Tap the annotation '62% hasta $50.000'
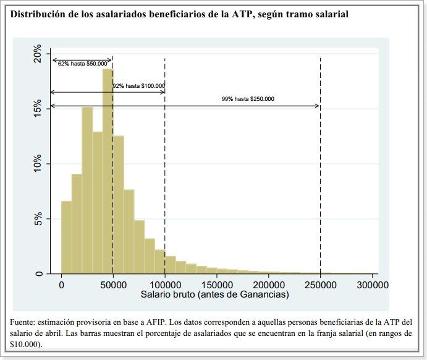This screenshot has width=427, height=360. (x=82, y=63)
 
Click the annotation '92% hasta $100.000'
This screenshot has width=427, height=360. (x=139, y=86)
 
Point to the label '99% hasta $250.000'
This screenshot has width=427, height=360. (x=248, y=99)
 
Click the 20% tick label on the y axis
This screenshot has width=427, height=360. (x=38, y=54)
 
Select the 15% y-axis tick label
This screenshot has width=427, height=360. (x=38, y=109)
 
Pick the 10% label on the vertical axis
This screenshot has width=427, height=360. (x=38, y=164)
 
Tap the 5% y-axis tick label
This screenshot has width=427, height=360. (x=38, y=218)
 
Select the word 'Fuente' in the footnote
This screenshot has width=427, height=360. (x=23, y=322)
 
